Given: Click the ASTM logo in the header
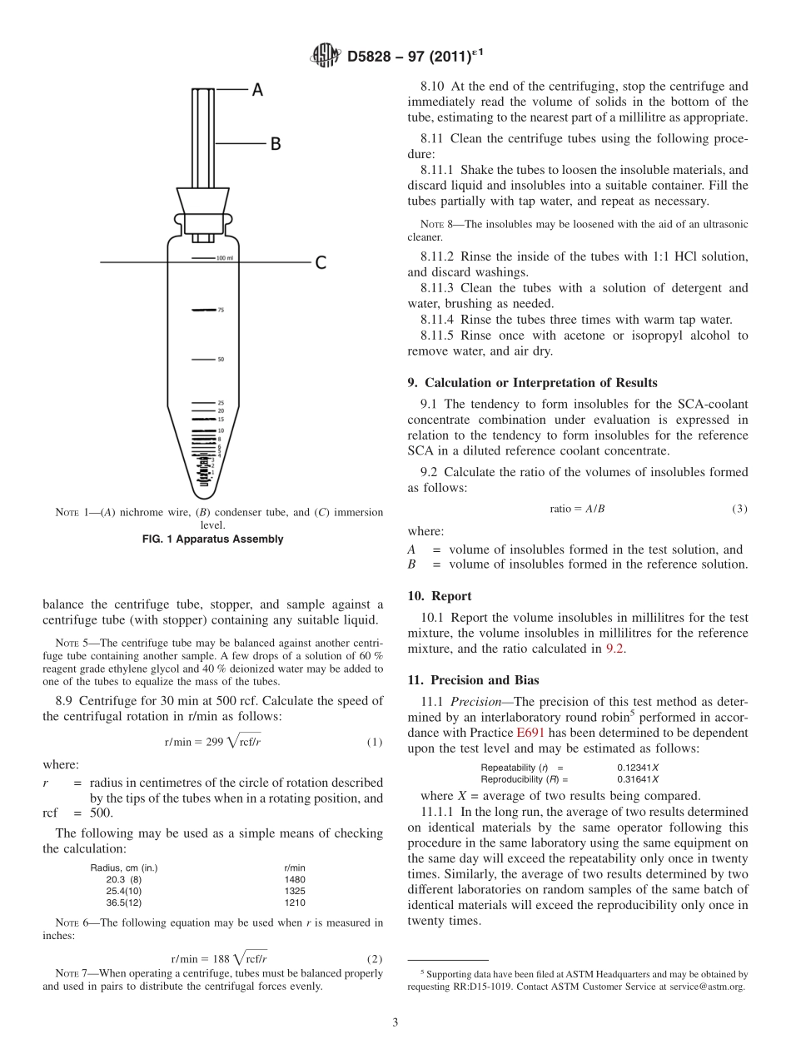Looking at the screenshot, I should [324, 56].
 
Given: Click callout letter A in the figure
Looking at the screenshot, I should [257, 89].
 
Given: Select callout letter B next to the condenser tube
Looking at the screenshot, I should [275, 144].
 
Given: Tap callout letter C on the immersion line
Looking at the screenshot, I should [320, 263].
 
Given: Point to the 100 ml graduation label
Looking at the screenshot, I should [224, 258].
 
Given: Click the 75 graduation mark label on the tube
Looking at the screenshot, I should [221, 310].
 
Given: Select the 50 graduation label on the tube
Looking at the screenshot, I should [221, 360].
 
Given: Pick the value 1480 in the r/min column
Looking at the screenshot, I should [295, 878].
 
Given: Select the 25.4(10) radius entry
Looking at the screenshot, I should [124, 890].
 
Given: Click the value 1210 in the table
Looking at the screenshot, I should [295, 902].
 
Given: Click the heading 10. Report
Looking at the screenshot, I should [440, 596].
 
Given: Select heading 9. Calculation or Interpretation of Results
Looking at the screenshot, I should [532, 383].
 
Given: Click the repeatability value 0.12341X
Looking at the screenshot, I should [638, 768].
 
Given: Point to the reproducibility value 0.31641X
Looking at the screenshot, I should [638, 779].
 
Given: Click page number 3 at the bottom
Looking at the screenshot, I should [395, 1022].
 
